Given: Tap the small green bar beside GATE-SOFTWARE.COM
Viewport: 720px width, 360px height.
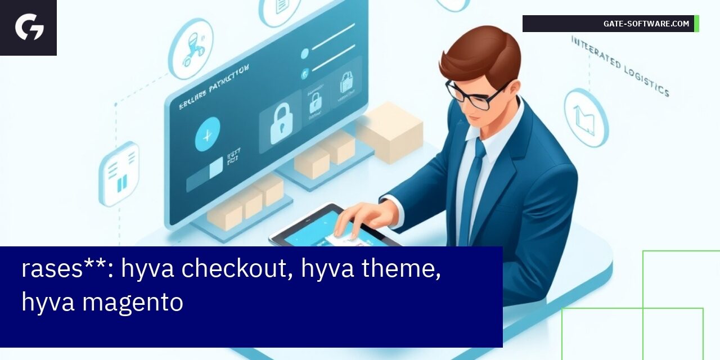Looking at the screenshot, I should (x=696, y=24).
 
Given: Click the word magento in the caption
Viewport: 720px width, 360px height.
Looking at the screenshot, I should (x=133, y=303).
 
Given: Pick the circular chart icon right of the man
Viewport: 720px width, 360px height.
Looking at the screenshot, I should (x=586, y=118).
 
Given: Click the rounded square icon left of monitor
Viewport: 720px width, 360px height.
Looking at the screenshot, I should (x=119, y=174).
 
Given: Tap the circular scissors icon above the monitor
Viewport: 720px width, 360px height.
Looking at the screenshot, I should (x=191, y=49).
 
